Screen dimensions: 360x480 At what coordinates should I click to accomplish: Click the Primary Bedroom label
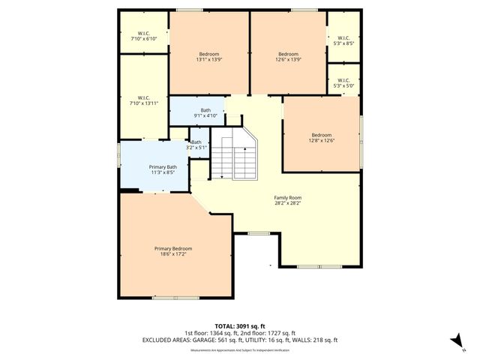(x=173, y=248)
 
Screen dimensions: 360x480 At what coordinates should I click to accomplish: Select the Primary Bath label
(x=163, y=166)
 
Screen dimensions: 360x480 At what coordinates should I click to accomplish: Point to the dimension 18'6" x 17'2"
(x=173, y=254)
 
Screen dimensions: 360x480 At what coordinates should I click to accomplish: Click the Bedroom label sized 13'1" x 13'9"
(x=208, y=54)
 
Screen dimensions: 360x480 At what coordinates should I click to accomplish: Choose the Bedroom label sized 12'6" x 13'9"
(x=289, y=54)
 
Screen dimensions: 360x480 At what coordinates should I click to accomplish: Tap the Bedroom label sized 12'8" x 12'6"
(x=322, y=135)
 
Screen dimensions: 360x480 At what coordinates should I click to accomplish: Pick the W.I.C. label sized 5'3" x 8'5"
(x=343, y=38)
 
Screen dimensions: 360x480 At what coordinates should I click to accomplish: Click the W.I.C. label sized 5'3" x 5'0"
(x=343, y=81)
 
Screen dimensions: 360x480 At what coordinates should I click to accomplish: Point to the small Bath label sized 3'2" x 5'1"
(x=196, y=142)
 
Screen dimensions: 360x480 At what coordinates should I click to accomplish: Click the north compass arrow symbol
(x=454, y=341)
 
